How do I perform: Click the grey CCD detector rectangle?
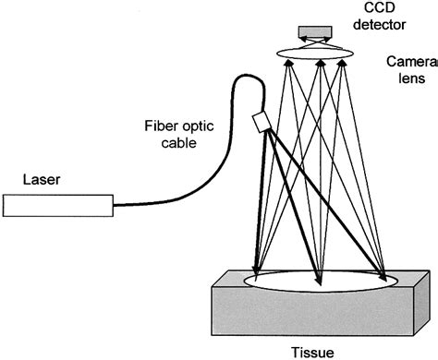point(319,34)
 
